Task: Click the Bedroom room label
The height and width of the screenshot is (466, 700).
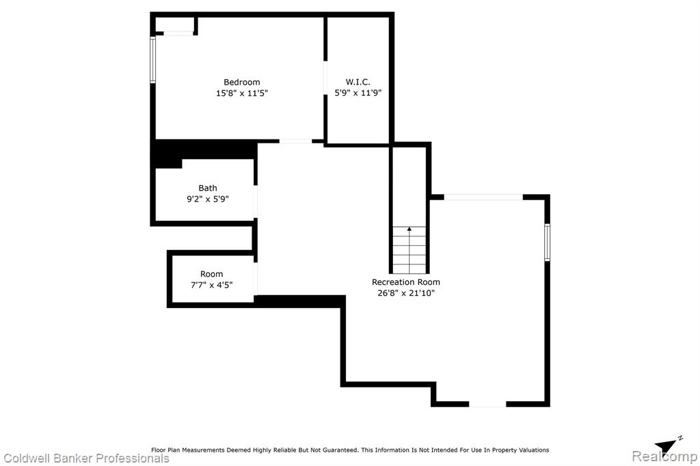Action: pos(241,82)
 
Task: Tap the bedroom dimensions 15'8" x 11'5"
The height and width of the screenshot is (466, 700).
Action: pos(241,94)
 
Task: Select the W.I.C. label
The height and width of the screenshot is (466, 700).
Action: pos(358,82)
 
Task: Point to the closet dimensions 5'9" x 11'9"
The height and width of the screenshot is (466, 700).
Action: pos(358,93)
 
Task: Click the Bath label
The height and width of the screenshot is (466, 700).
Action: pos(208,188)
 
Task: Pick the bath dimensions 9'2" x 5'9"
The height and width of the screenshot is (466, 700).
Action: pos(208,199)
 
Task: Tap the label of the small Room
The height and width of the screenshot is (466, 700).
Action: pos(211,274)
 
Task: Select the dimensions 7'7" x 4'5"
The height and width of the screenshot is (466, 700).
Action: pos(211,285)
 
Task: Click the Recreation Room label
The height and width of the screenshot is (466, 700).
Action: pos(406,282)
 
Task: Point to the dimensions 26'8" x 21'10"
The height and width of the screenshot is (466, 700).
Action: pos(406,293)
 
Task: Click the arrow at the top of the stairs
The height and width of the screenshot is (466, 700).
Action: pos(409,229)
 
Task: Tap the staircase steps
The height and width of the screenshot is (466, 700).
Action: pos(409,250)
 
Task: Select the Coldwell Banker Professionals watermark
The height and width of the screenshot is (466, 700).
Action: pos(86,458)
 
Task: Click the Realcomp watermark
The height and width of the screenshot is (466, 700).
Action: pos(664,456)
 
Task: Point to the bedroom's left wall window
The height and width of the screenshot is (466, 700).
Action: pos(152,60)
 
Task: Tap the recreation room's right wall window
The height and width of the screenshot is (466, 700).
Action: pos(547,243)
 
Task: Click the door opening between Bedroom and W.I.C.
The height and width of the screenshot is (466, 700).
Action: pos(325,78)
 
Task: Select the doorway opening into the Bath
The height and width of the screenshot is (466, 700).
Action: pos(256,202)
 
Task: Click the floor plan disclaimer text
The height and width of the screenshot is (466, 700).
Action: pos(350,450)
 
